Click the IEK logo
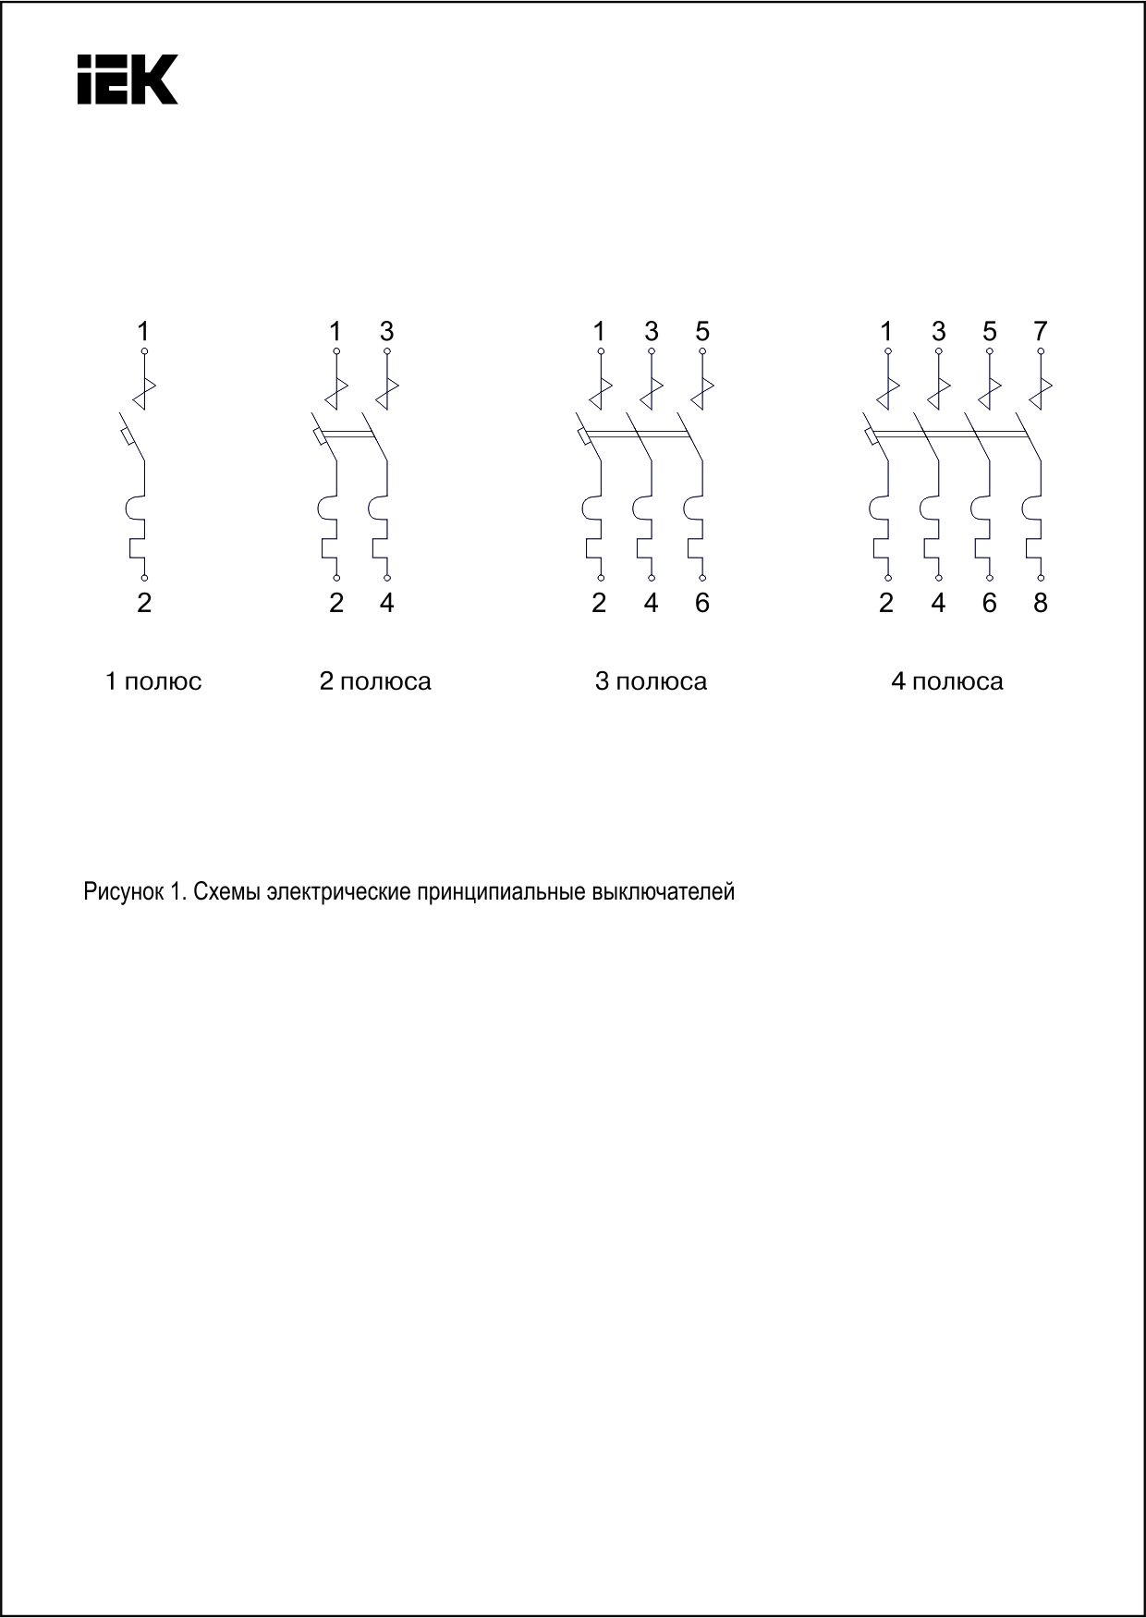click(127, 79)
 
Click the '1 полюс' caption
click(153, 682)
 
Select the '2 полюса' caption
click(375, 682)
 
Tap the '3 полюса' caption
click(651, 682)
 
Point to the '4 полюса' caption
click(946, 682)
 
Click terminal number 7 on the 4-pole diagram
click(1041, 331)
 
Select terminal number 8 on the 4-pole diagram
click(1041, 604)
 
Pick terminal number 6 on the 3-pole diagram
click(702, 604)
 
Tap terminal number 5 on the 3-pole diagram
click(702, 331)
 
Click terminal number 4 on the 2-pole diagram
click(387, 604)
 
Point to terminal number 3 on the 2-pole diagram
click(387, 331)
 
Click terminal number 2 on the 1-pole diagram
click(144, 604)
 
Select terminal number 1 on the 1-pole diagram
click(143, 331)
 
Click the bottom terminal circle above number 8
click(1041, 576)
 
